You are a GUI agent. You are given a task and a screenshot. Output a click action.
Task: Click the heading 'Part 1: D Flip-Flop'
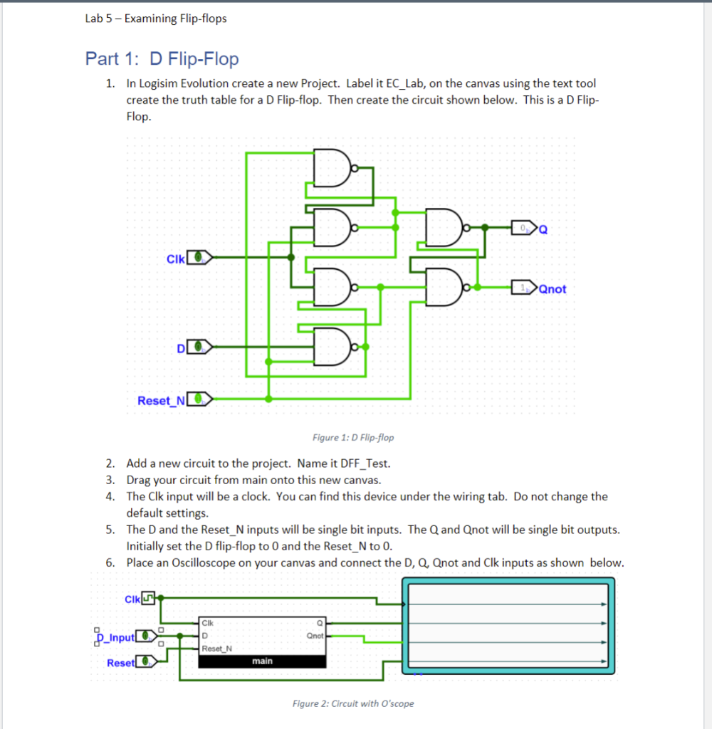coord(162,58)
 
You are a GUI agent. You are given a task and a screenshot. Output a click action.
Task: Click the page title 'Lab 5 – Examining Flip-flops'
coord(155,19)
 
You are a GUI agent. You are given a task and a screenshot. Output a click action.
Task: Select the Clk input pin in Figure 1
coord(201,257)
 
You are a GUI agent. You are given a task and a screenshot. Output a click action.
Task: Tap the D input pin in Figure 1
coord(201,347)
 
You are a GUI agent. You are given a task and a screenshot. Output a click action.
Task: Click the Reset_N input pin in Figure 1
coord(201,400)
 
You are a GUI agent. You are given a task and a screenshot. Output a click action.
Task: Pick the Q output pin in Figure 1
coord(524,229)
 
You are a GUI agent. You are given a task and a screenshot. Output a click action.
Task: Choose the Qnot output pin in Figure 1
coord(524,288)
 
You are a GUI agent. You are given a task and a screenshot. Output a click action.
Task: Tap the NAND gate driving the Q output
coord(443,228)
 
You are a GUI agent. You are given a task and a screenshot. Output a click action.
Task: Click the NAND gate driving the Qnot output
coord(443,287)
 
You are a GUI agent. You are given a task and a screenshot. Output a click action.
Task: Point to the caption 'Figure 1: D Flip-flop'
coord(352,437)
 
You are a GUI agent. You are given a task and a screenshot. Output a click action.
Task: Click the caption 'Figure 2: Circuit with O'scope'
coord(352,703)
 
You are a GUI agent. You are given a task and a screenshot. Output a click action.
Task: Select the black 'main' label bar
coord(262,661)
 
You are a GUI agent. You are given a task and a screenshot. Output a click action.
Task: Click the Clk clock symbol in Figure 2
coord(149,598)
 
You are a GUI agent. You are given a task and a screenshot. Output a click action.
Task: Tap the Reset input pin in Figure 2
coord(147,662)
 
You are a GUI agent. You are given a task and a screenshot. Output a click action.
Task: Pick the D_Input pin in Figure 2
coord(147,635)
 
